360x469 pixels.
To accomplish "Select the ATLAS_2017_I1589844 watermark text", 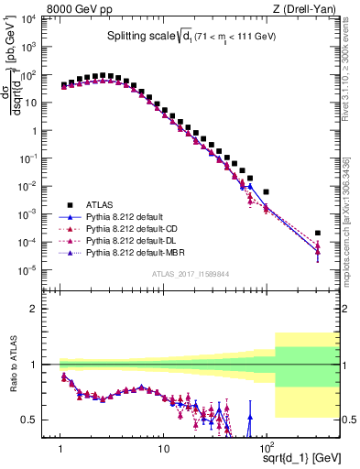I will (191, 274).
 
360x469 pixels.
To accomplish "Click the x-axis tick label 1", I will (60, 450).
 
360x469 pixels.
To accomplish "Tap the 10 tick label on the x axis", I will (163, 450).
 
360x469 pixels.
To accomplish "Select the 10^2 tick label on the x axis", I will (266, 450).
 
